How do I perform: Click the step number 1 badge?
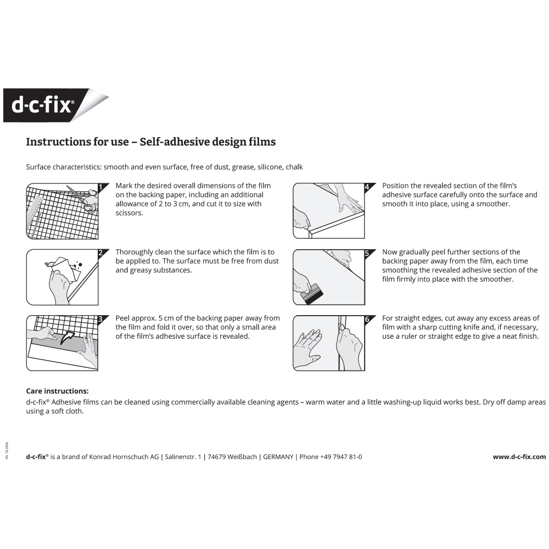point(100,187)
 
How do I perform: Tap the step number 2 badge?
point(100,253)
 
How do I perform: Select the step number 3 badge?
point(100,319)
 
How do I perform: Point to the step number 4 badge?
point(367,187)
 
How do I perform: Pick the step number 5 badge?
point(367,253)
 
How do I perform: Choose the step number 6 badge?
point(367,319)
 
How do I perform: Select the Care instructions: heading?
point(57,391)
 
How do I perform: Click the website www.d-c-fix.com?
point(519,457)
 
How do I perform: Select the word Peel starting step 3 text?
point(123,318)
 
